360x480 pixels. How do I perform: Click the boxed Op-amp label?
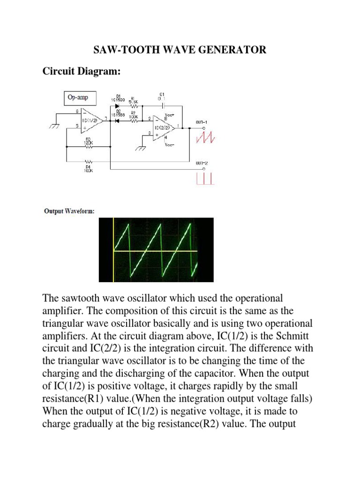tap(78, 98)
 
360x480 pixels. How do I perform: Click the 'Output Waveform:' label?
tap(69, 211)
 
